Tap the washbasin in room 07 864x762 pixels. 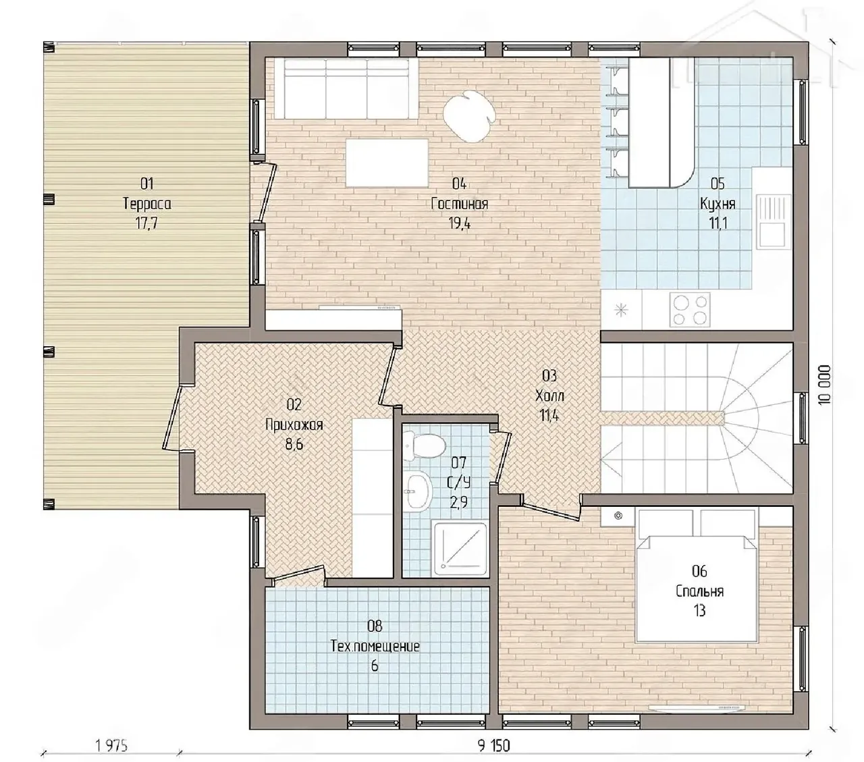click(418, 491)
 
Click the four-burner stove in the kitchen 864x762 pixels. click(690, 309)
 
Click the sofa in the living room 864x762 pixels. click(346, 88)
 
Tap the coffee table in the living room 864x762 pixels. click(387, 163)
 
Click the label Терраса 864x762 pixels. click(147, 203)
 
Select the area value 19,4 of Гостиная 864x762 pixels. click(460, 223)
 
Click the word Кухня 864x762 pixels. click(718, 203)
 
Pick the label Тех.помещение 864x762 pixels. click(375, 647)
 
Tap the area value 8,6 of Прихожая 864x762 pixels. click(294, 445)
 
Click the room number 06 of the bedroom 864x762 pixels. click(700, 571)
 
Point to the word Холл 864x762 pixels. click(549, 396)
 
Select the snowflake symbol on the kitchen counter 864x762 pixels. click(622, 310)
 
